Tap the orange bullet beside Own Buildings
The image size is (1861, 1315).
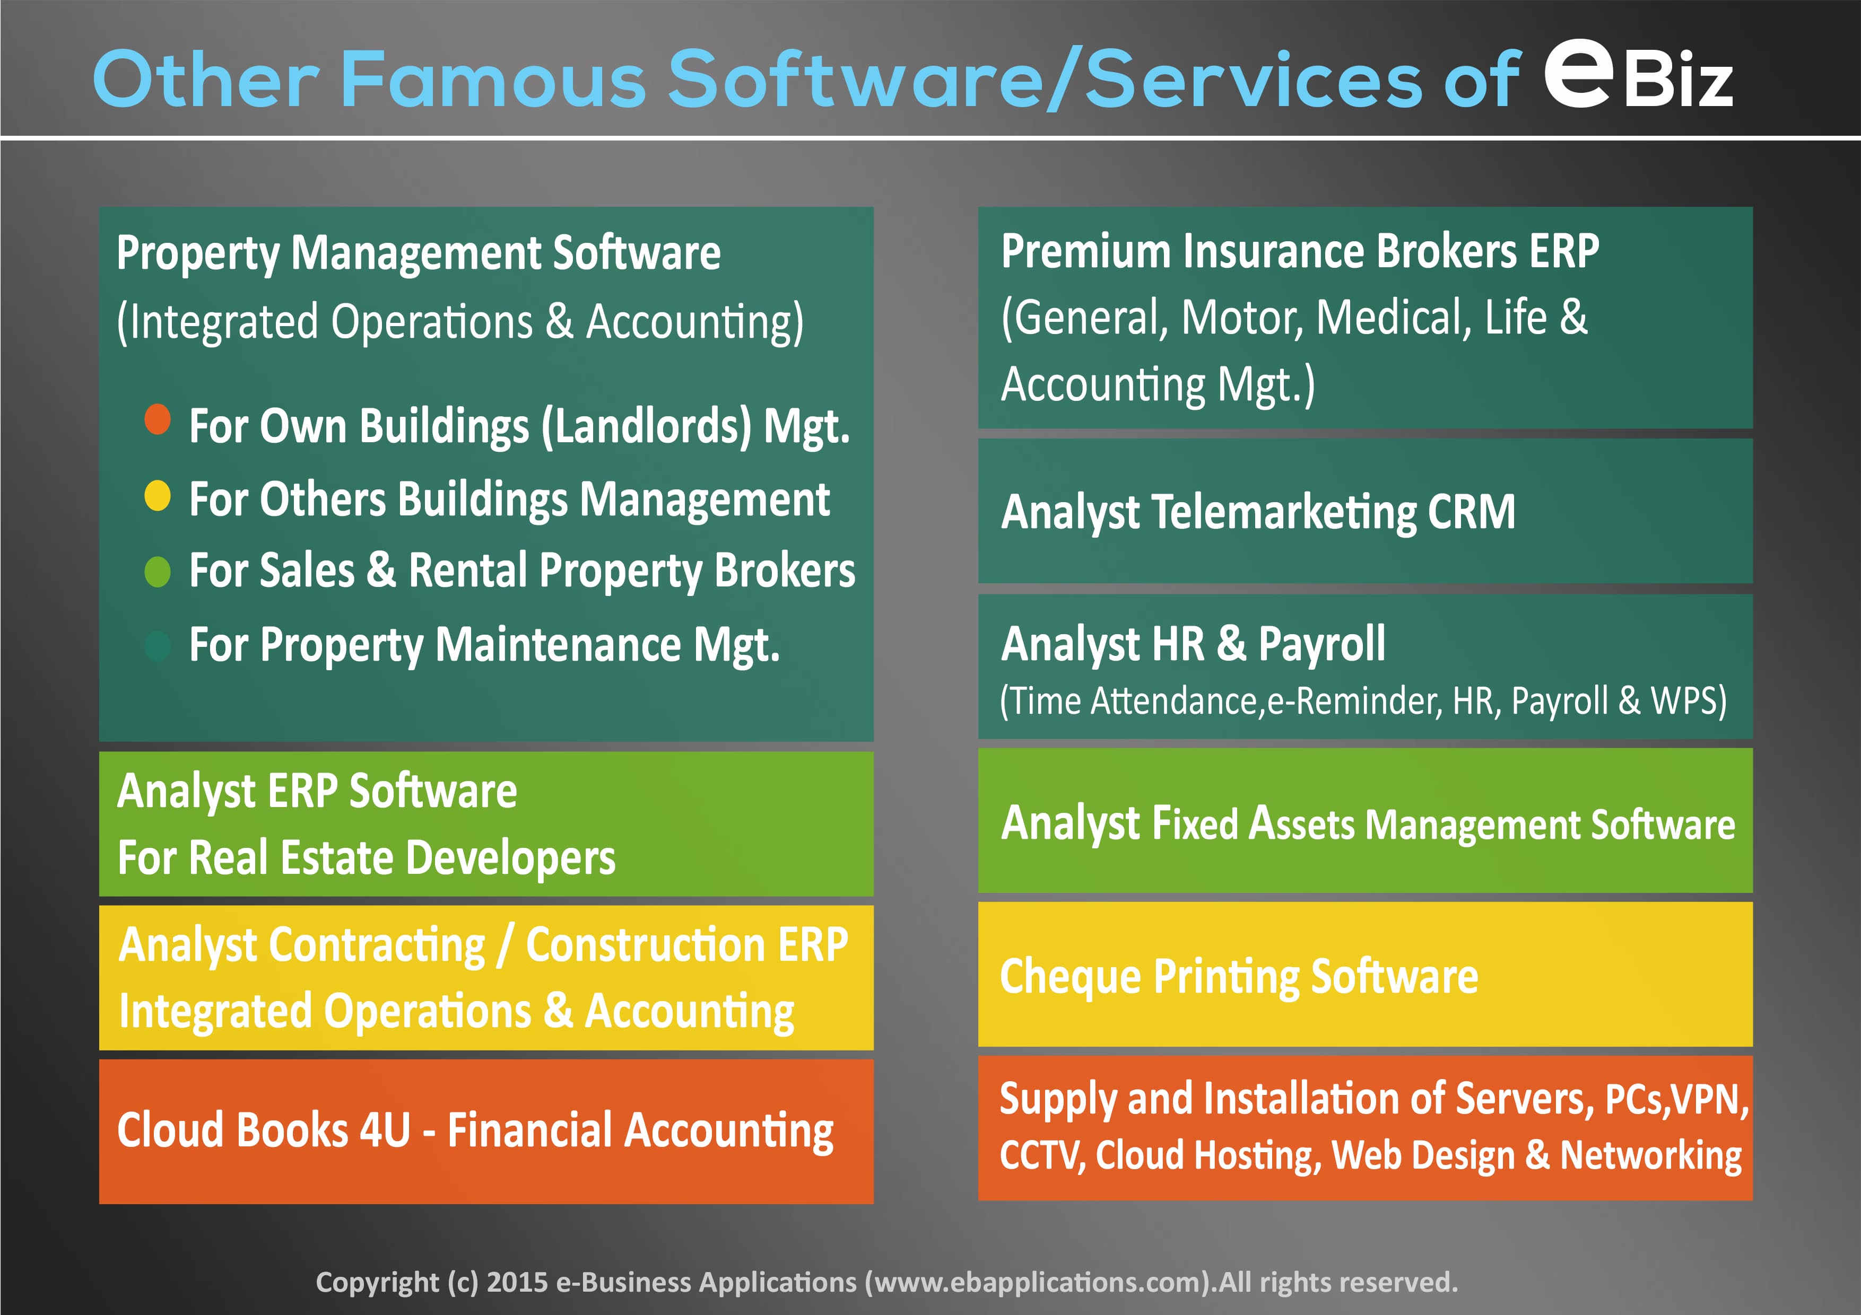157,420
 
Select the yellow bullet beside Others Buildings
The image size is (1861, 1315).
157,496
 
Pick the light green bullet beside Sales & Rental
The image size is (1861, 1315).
157,571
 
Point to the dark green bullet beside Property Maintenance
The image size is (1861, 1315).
157,646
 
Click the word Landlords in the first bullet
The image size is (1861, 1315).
646,426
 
